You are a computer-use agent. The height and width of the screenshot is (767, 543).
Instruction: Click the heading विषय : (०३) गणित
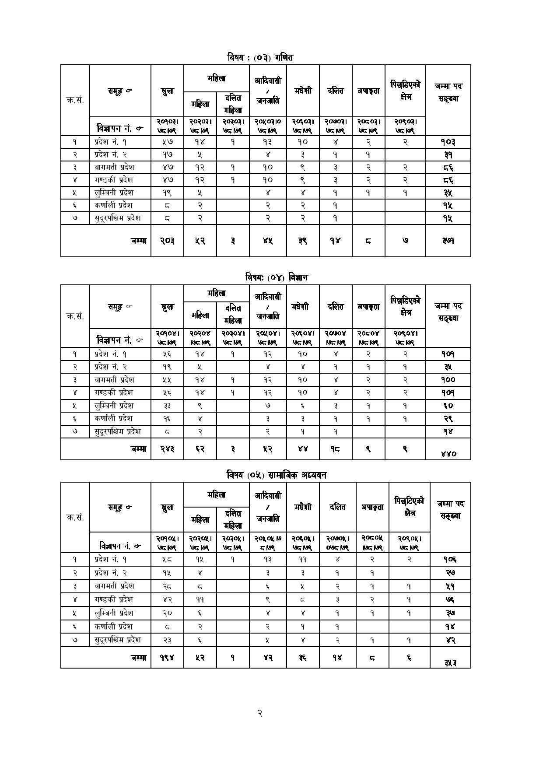260,57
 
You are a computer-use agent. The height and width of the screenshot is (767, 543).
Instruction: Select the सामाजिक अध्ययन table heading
276,475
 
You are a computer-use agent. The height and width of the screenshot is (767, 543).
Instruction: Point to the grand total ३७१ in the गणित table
448,241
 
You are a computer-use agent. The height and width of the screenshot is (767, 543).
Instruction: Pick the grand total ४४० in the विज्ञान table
448,454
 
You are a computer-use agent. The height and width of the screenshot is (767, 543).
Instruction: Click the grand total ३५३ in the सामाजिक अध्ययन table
449,662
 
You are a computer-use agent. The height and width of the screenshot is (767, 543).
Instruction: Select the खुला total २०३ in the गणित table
167,241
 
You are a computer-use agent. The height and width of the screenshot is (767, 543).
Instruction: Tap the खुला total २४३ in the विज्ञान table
167,448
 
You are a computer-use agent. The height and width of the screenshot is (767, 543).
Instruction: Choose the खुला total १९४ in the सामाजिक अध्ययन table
167,657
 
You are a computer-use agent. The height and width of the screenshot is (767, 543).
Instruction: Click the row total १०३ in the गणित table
448,142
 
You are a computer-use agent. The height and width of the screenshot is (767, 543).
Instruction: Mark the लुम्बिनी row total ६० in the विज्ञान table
448,406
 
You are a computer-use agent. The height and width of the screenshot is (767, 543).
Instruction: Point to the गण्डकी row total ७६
450,599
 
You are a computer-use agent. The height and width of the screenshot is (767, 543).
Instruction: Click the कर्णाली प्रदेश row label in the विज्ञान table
113,418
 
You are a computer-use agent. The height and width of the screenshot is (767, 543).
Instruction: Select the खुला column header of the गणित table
167,91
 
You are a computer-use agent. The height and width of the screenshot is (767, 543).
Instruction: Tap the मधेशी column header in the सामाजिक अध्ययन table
303,507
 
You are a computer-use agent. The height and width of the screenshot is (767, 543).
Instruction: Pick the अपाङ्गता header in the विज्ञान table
368,307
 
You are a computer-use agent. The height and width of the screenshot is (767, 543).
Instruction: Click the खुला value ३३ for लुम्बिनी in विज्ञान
167,406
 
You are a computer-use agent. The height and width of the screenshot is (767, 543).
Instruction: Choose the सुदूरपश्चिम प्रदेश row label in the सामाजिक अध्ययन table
118,640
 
